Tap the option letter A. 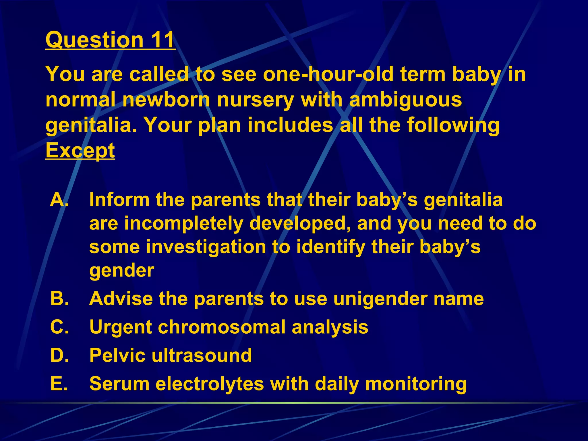(x=59, y=199)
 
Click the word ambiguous (x=405, y=100)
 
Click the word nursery (x=256, y=100)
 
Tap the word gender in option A (x=122, y=271)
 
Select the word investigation (x=206, y=247)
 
